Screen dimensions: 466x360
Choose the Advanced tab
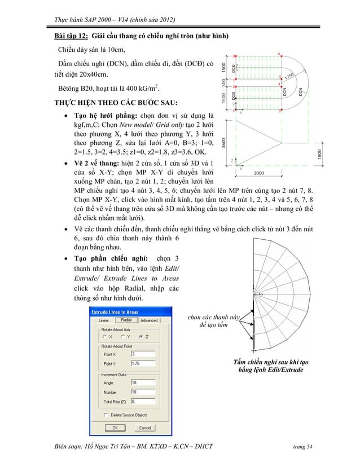(x=149, y=320)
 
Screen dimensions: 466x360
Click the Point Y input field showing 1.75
(x=143, y=363)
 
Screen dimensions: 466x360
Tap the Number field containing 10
(x=143, y=392)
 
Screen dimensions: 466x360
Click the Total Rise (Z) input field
(x=143, y=401)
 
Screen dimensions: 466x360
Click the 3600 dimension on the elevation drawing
(x=225, y=143)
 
